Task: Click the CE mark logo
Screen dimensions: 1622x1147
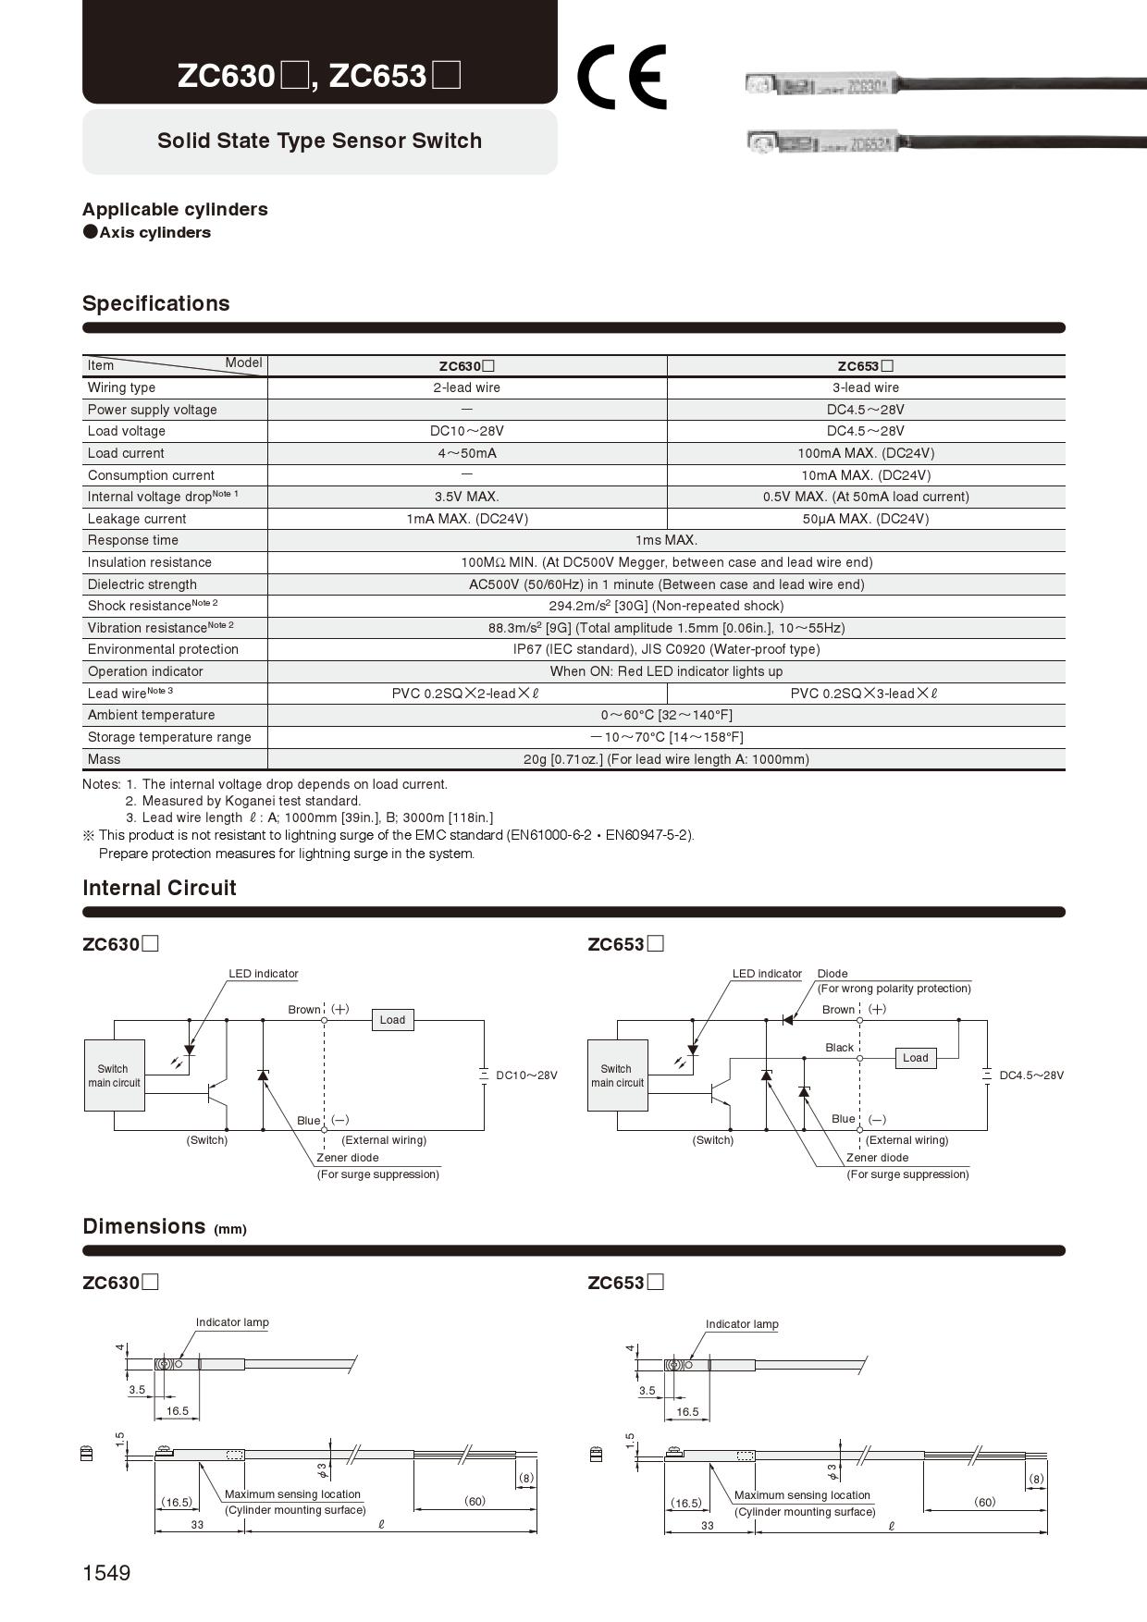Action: click(x=621, y=77)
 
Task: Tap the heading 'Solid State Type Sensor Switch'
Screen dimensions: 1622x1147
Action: click(x=319, y=141)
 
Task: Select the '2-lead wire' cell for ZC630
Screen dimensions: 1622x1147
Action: click(x=466, y=387)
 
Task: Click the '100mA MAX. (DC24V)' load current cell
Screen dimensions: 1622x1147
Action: click(x=865, y=453)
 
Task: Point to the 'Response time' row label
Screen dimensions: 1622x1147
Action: click(x=133, y=540)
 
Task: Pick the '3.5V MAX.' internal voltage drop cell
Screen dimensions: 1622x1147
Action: click(x=466, y=497)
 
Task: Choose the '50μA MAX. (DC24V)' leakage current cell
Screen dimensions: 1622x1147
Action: click(x=865, y=519)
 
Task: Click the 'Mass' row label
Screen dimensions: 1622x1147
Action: click(x=105, y=759)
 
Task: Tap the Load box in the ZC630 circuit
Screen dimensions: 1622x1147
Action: click(x=392, y=1020)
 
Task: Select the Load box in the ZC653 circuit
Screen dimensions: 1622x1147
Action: click(x=915, y=1058)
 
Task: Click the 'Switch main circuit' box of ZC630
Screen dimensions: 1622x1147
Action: click(x=114, y=1075)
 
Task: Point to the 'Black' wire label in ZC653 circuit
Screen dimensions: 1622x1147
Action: click(x=839, y=1048)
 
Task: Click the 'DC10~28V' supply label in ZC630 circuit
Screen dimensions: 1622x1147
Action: click(x=526, y=1075)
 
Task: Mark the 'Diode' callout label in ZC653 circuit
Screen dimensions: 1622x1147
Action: click(x=832, y=974)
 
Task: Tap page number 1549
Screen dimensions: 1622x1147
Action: click(x=106, y=1573)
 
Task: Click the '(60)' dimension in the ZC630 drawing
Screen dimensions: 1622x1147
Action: click(x=475, y=1501)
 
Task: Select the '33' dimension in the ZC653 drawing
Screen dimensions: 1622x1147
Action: click(x=708, y=1526)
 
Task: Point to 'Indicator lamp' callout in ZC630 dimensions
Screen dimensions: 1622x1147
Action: click(x=232, y=1322)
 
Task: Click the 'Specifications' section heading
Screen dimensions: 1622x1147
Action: click(x=156, y=303)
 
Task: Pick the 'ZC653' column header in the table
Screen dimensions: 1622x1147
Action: click(x=865, y=366)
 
